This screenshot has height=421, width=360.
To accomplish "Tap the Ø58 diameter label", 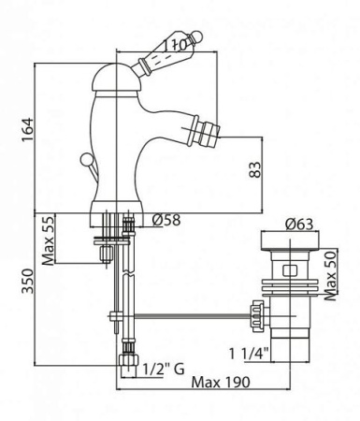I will [167, 222].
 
